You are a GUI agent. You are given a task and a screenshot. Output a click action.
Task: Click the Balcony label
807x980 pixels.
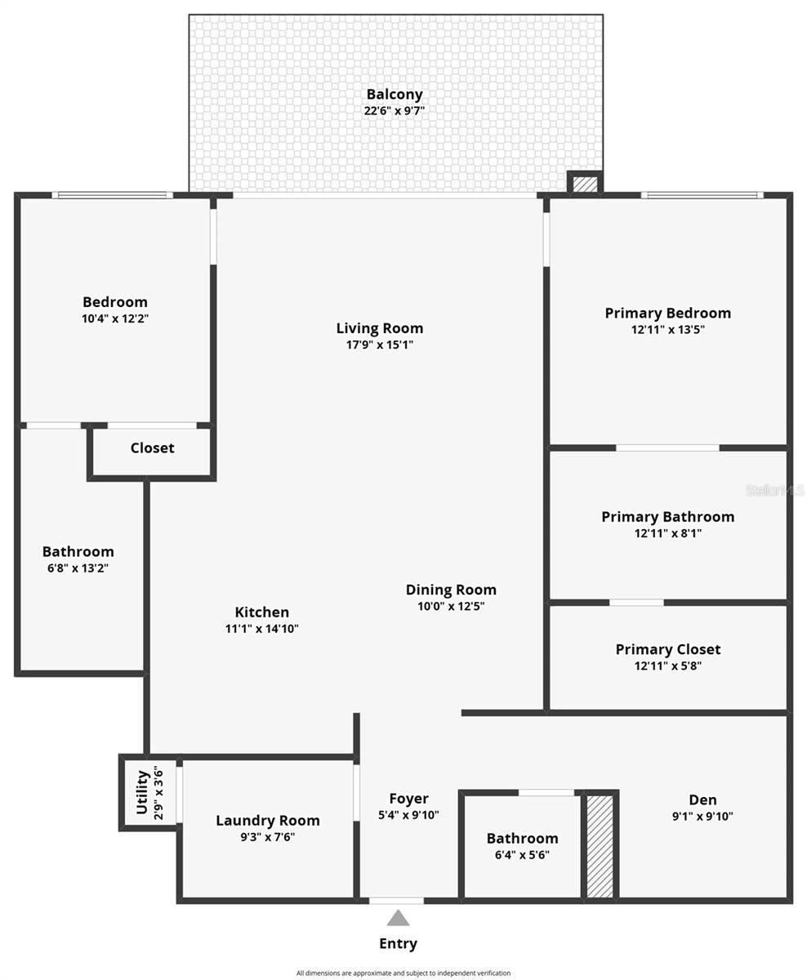[x=394, y=94]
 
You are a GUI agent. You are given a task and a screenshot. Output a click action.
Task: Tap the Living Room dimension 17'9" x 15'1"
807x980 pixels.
[x=380, y=345]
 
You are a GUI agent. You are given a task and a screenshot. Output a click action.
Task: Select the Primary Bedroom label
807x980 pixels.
[x=667, y=313]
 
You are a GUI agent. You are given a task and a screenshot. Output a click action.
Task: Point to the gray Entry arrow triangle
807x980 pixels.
[x=398, y=918]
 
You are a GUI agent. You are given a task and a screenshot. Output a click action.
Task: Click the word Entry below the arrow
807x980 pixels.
[x=398, y=943]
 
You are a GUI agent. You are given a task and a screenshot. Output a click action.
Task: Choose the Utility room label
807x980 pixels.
[x=142, y=792]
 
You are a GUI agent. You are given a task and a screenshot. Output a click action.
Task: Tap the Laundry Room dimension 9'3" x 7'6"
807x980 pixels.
[x=267, y=836]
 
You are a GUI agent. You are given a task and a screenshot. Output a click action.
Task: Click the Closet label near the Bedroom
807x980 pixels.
[x=152, y=448]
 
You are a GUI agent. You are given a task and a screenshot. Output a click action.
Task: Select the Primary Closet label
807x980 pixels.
[x=667, y=649]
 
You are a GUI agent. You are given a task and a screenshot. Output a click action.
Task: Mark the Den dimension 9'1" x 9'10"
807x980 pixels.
[x=702, y=816]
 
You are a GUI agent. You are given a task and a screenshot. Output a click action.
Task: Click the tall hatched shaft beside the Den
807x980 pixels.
[x=600, y=846]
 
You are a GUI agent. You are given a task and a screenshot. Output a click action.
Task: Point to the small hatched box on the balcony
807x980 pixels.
[x=585, y=185]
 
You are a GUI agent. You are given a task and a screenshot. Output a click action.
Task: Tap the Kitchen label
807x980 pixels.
[x=261, y=612]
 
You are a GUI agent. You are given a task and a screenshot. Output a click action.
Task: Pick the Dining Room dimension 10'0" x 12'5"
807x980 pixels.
[x=451, y=606]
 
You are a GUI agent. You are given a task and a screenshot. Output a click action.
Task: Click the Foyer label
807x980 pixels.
[x=408, y=799]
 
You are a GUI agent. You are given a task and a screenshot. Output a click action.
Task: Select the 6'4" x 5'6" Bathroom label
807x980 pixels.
[x=522, y=838]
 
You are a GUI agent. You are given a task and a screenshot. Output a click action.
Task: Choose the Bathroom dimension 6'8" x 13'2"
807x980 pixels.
[x=78, y=568]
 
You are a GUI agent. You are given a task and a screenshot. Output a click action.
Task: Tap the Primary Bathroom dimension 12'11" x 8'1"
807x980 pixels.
[x=667, y=533]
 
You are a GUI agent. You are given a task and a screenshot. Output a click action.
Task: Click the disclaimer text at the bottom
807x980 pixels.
[x=403, y=973]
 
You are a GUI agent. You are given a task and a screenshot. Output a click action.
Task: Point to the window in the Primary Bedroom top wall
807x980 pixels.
[x=702, y=195]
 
